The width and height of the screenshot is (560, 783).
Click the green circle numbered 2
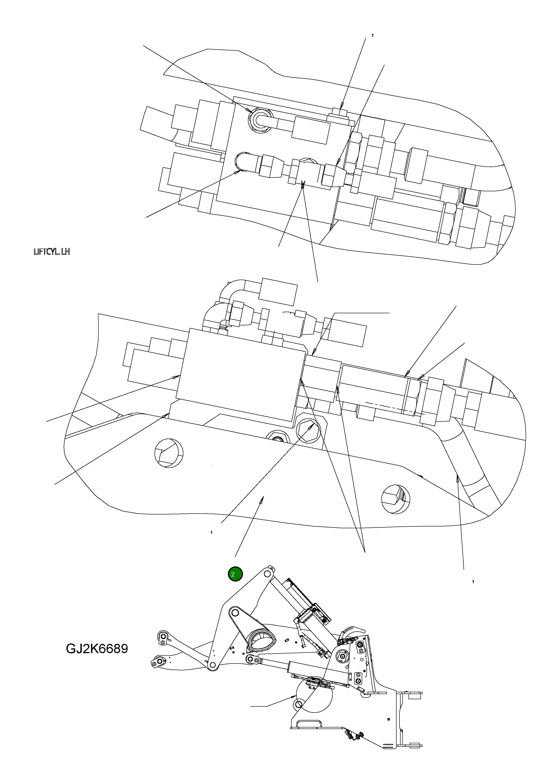pos(235,574)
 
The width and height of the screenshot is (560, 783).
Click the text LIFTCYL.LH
pos(52,252)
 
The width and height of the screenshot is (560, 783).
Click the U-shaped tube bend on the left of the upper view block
pos(241,161)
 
